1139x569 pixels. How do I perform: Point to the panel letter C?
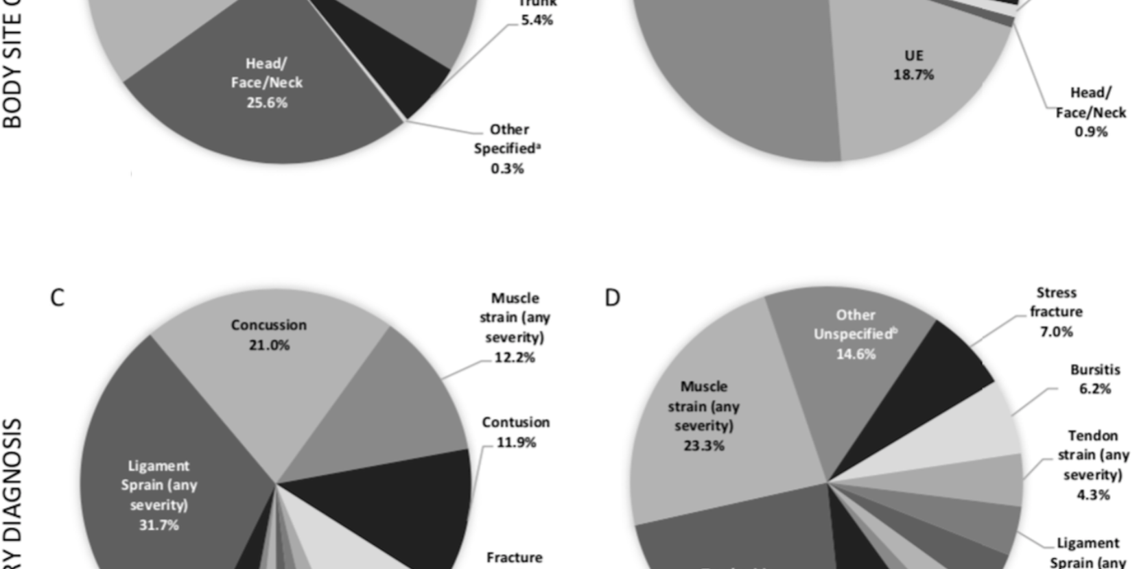(57, 298)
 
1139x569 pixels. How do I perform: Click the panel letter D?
(612, 298)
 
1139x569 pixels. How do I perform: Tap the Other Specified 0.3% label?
(508, 149)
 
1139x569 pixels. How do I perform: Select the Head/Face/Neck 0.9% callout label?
(1090, 112)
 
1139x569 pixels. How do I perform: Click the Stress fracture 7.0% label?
(1056, 312)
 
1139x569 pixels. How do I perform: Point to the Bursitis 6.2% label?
(1094, 379)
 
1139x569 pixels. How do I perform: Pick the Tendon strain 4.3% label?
(1092, 465)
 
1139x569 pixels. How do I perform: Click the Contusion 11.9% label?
(515, 432)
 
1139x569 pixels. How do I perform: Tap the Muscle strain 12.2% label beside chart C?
(515, 327)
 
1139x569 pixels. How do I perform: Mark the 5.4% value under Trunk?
(537, 20)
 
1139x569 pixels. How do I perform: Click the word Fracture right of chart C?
(514, 557)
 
